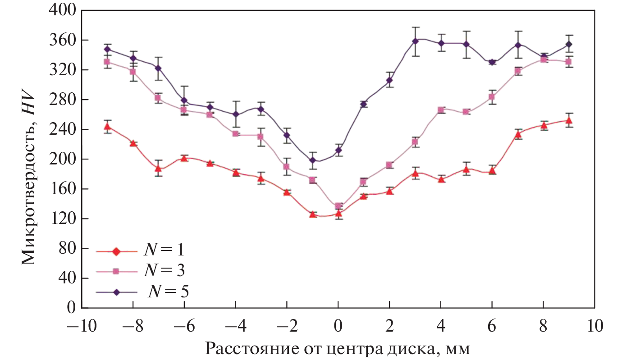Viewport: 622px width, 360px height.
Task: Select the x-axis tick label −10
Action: (x=81, y=326)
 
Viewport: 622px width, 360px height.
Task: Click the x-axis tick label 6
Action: (x=492, y=326)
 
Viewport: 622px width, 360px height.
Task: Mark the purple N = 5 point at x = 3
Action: (x=415, y=41)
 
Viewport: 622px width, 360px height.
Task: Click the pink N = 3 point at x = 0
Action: (x=338, y=206)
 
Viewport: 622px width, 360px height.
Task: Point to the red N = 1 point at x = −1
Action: (x=312, y=214)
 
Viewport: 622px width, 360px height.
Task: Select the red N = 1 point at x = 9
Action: (x=569, y=120)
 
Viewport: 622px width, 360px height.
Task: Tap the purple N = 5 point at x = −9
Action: (x=107, y=49)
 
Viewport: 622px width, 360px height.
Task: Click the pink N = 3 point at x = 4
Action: (x=441, y=110)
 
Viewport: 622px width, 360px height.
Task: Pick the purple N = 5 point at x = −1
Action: (x=312, y=160)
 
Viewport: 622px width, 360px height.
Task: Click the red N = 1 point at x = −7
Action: (x=158, y=169)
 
